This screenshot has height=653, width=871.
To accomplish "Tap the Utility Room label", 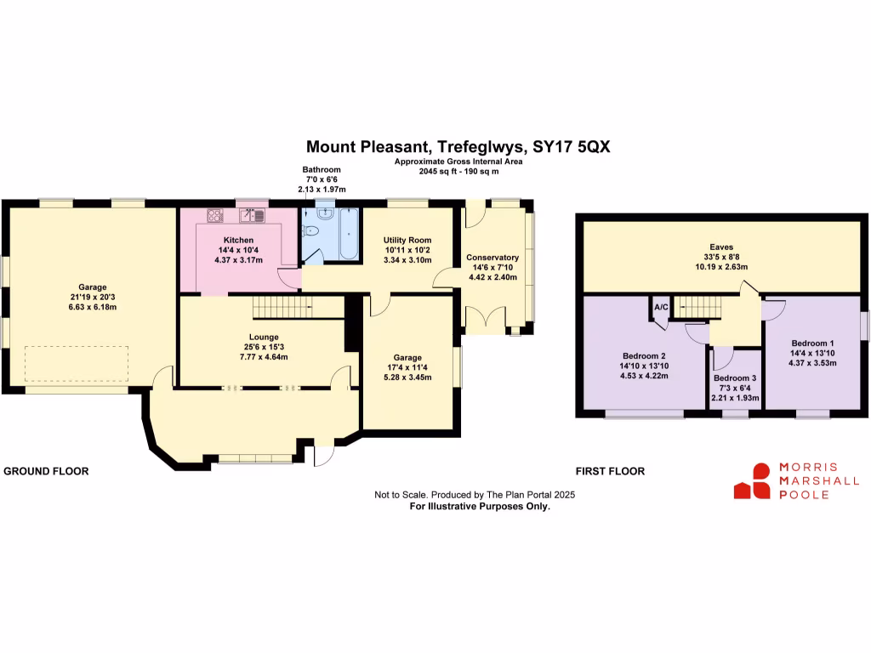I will (x=407, y=241).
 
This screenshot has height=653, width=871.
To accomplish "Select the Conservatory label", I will (x=492, y=258).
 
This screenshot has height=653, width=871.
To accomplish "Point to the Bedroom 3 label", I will (x=734, y=378).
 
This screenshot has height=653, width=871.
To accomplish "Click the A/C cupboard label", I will (x=659, y=306).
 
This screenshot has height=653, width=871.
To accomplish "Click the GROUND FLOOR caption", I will (x=47, y=471).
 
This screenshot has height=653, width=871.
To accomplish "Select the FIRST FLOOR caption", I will (x=610, y=471).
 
